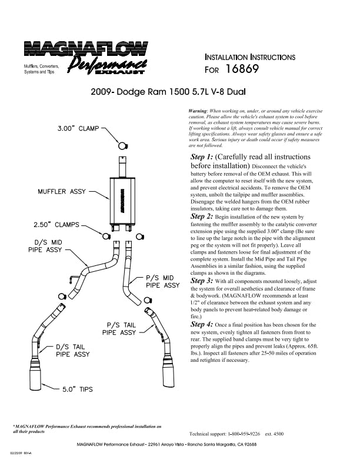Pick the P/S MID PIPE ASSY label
(162, 281)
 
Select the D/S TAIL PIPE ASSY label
(73, 350)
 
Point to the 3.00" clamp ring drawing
(122, 146)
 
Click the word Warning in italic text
(197, 111)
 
